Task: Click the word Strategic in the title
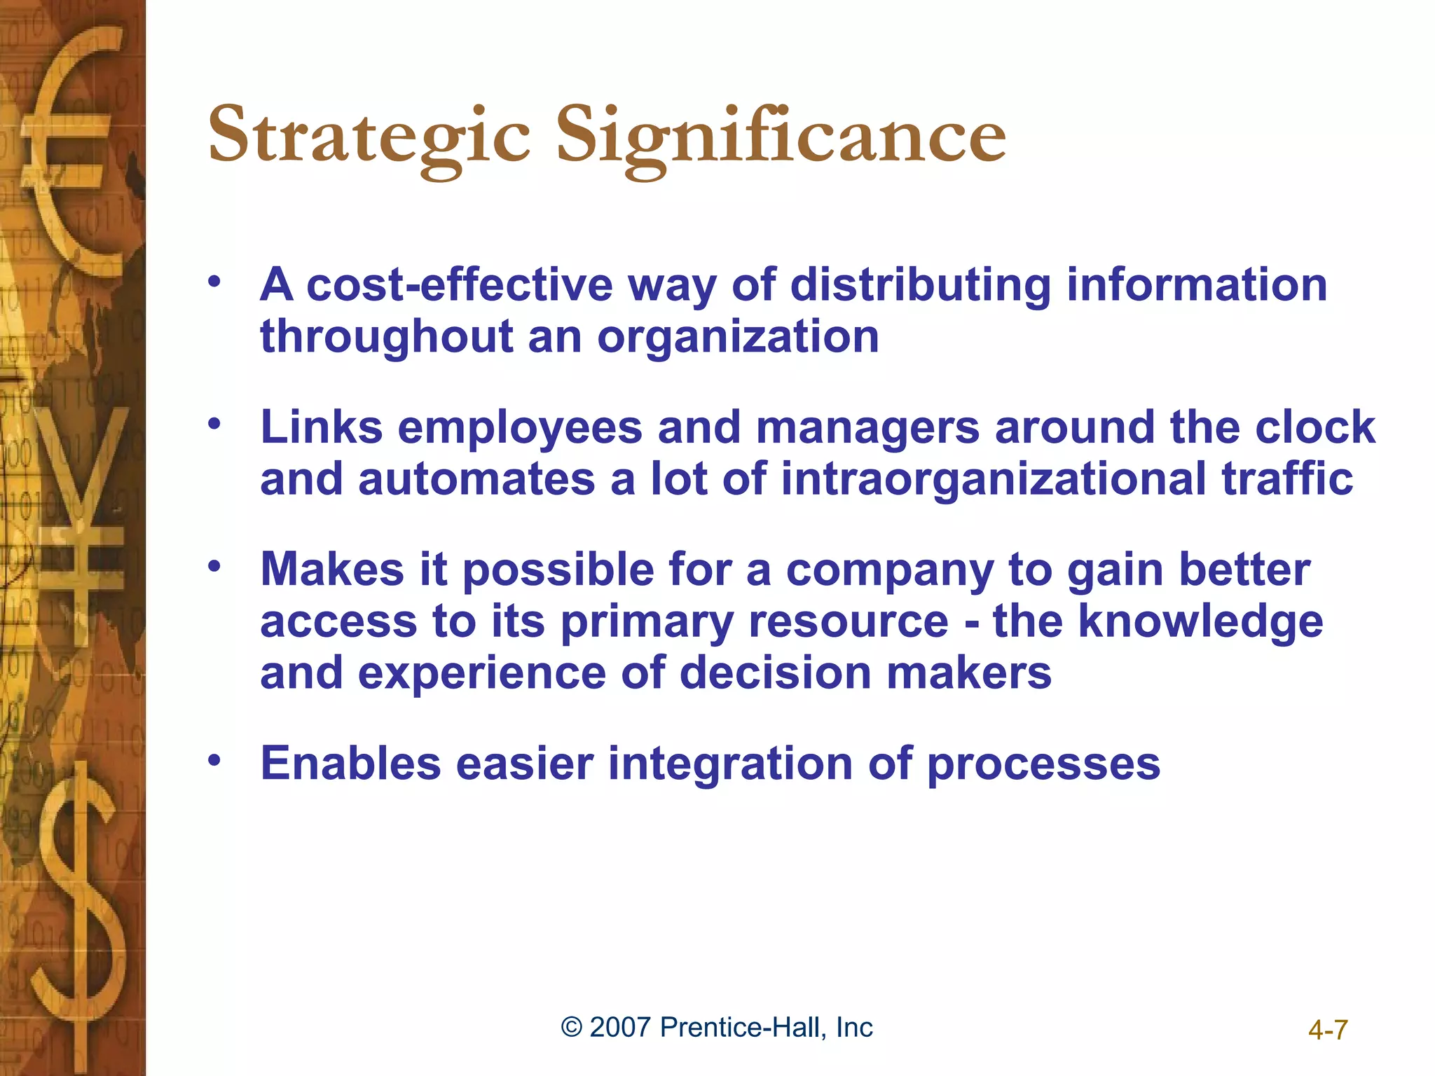[x=369, y=135]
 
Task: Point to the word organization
[x=738, y=337]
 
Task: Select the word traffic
[x=1287, y=479]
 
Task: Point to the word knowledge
[x=1200, y=621]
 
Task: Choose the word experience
[x=482, y=673]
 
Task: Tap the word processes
[x=1043, y=765]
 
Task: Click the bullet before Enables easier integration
[x=214, y=759]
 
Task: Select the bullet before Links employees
[x=214, y=423]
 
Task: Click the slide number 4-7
[x=1328, y=1030]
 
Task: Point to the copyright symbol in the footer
[x=572, y=1028]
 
